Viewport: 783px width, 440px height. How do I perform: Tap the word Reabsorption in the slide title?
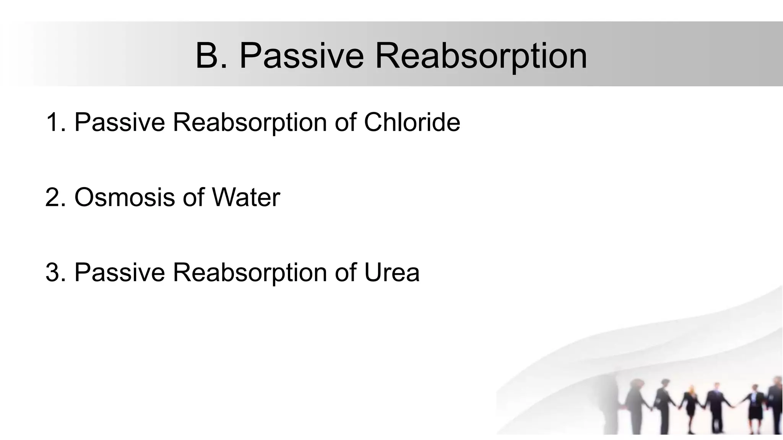[x=481, y=56]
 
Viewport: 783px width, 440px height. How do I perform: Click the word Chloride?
[x=412, y=122]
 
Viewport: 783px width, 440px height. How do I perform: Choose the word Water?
[x=246, y=197]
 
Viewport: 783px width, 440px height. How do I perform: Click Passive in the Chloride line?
[x=120, y=122]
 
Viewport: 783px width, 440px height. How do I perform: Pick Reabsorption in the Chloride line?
[x=250, y=122]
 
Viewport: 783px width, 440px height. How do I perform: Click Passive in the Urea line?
[x=120, y=272]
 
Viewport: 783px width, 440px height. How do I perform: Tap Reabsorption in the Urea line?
[x=250, y=272]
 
